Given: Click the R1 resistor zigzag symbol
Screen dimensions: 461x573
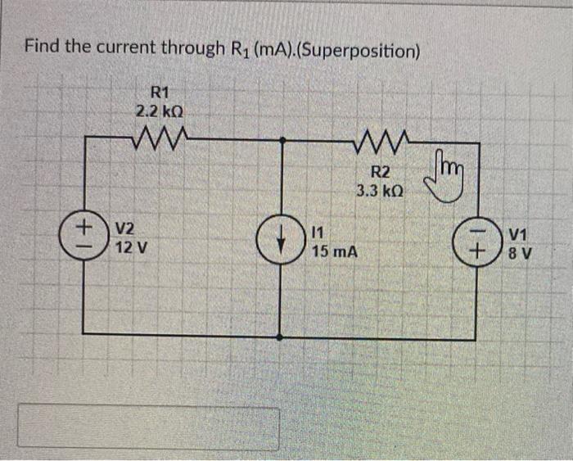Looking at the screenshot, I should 160,134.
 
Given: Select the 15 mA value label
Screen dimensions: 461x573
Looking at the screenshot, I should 335,251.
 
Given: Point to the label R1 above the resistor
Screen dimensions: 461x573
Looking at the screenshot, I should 160,92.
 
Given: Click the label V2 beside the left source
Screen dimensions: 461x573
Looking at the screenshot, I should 126,228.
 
